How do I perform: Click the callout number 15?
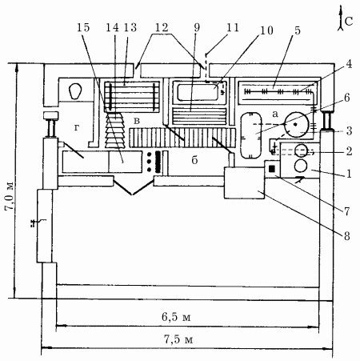click(x=83, y=27)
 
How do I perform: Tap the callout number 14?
click(x=112, y=27)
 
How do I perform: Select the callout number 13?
click(x=130, y=27)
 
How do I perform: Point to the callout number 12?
click(x=162, y=27)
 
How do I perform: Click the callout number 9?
click(x=197, y=27)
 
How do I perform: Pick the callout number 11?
click(x=233, y=27)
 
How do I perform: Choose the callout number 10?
click(x=266, y=30)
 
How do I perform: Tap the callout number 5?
click(x=298, y=30)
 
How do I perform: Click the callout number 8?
click(x=346, y=236)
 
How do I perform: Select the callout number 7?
click(x=346, y=211)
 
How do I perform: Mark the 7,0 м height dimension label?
click(x=10, y=196)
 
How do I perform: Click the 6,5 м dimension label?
click(x=176, y=317)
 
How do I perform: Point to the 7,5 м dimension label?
click(x=178, y=339)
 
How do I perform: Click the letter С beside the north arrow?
click(x=349, y=22)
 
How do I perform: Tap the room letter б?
click(x=194, y=159)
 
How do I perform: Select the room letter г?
click(x=77, y=128)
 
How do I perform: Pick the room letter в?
click(x=137, y=121)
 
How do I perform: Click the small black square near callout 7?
click(x=272, y=169)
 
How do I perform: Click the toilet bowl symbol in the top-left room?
click(x=75, y=91)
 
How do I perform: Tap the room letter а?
click(x=275, y=114)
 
